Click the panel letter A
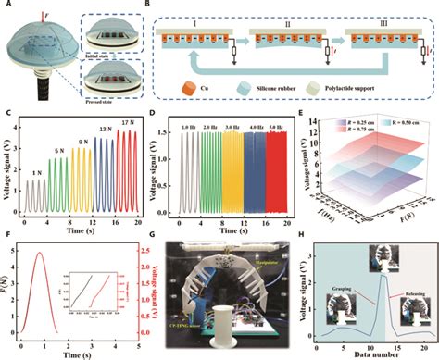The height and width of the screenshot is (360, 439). pyautogui.click(x=8, y=6)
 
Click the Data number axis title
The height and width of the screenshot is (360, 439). pyautogui.click(x=362, y=353)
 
